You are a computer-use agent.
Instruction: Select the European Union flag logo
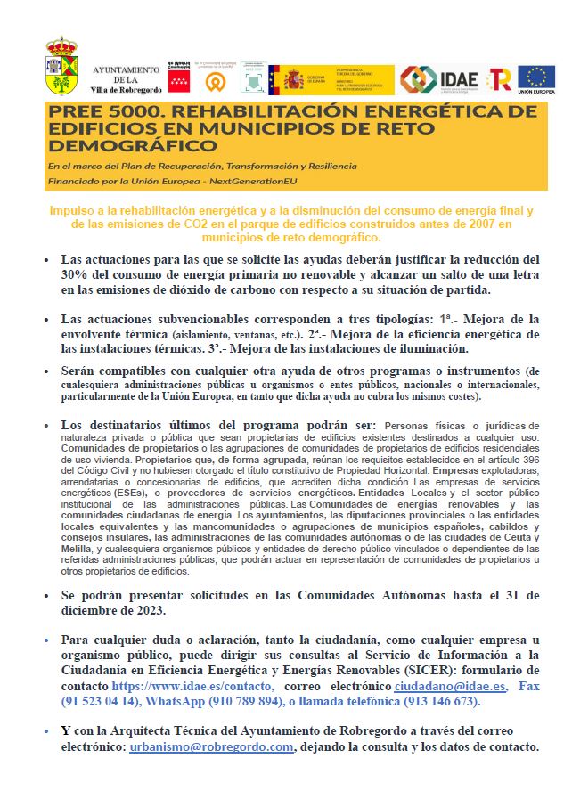click(536, 79)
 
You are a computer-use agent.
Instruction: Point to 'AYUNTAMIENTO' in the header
click(127, 69)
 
